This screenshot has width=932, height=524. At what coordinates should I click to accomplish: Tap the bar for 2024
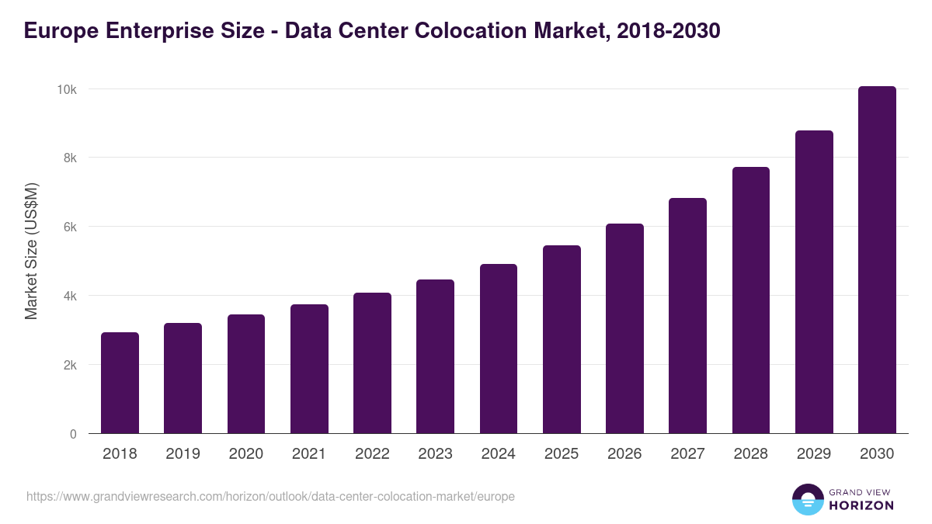tap(499, 349)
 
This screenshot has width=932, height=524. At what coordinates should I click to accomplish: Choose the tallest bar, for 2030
tap(877, 260)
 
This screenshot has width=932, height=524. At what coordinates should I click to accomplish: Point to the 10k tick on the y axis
tap(66, 89)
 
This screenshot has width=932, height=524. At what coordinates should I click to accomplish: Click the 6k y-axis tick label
tap(69, 227)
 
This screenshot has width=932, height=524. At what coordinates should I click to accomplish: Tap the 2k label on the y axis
tap(69, 365)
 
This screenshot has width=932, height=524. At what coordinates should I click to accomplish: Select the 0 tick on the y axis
tap(73, 434)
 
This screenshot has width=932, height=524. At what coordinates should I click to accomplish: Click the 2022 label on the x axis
tap(372, 454)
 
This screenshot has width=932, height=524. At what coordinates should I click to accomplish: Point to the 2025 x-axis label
tap(562, 454)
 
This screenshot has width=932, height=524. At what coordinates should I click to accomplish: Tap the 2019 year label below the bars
tap(183, 454)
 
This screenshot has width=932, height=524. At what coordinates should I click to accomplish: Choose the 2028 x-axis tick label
tap(750, 454)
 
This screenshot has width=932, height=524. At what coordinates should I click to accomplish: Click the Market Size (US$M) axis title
tap(31, 251)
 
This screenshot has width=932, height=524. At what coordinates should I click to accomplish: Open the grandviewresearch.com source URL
tap(270, 496)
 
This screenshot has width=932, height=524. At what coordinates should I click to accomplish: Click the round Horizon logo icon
tap(807, 499)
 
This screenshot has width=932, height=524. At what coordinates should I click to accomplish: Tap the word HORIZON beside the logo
tap(861, 505)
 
